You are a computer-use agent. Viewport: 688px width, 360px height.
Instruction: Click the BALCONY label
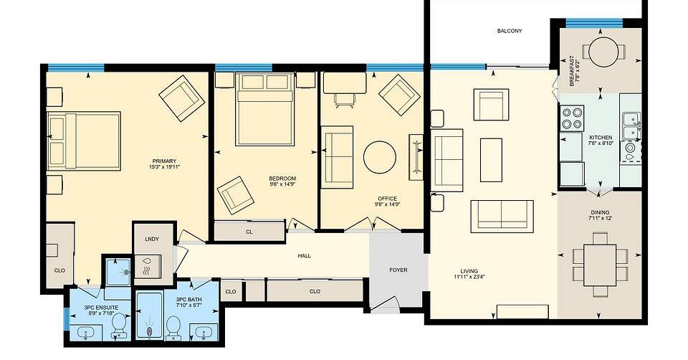(510, 31)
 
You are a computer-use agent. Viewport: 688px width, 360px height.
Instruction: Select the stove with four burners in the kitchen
(572, 118)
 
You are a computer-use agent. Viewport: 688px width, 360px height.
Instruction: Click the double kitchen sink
(631, 126)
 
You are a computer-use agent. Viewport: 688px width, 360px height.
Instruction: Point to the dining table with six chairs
(600, 265)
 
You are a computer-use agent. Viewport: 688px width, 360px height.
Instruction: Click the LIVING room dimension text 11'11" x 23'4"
(469, 277)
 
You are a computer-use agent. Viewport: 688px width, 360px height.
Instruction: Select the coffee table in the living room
(491, 160)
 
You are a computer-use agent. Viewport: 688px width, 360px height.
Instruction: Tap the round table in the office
(380, 157)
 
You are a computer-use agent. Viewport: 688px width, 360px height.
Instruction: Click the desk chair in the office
(345, 100)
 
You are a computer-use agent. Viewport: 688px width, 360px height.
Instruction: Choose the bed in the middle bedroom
(264, 109)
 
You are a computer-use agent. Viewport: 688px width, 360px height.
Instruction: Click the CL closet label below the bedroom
(249, 232)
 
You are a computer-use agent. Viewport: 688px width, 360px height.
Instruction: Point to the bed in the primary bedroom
(84, 141)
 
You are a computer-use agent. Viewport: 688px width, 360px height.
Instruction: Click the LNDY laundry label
(152, 240)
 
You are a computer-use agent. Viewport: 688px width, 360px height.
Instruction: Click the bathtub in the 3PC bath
(150, 316)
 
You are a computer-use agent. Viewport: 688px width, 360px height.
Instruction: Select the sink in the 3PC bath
(204, 332)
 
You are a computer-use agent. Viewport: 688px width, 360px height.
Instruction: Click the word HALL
(304, 255)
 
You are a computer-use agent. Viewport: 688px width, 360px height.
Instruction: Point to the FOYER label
(398, 270)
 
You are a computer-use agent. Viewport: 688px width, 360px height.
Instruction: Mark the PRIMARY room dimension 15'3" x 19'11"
(165, 167)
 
